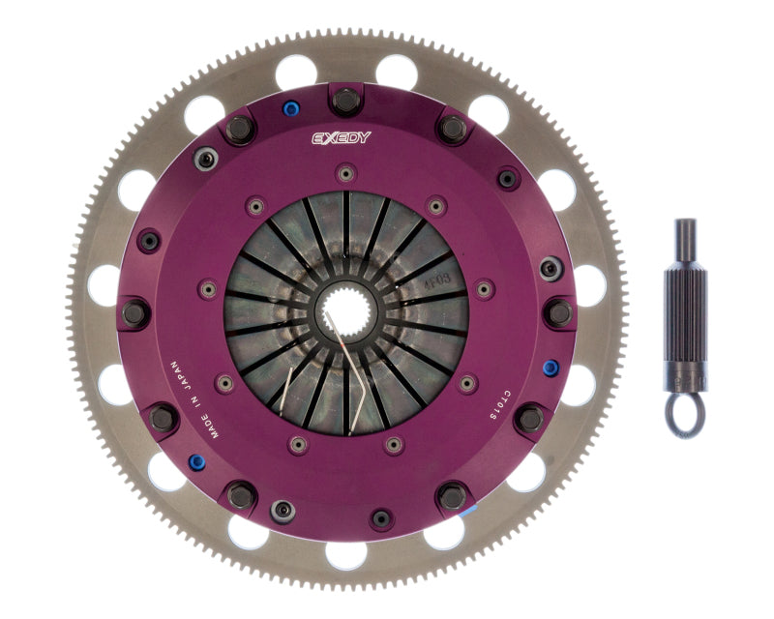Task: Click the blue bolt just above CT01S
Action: [x=551, y=368]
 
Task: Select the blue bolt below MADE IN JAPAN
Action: [x=196, y=461]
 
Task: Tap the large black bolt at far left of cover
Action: [x=135, y=311]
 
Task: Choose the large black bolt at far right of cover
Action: [x=558, y=312]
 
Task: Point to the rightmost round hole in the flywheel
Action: [x=589, y=286]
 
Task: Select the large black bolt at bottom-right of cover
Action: [x=528, y=418]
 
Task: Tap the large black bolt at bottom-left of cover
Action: [x=164, y=418]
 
